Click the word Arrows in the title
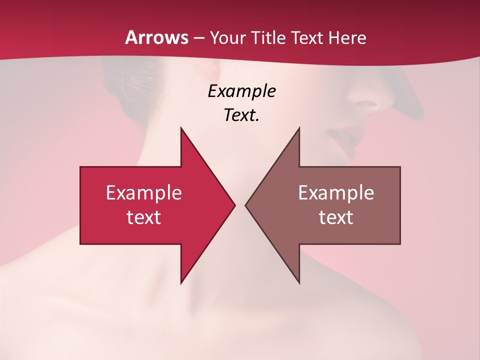(156, 37)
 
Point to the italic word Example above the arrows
(241, 91)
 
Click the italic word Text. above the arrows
(241, 115)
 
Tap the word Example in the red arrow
(143, 193)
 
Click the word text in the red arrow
(143, 217)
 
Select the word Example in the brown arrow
(336, 193)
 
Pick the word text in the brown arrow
(336, 217)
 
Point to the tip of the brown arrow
(247, 205)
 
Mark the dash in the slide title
(198, 38)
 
